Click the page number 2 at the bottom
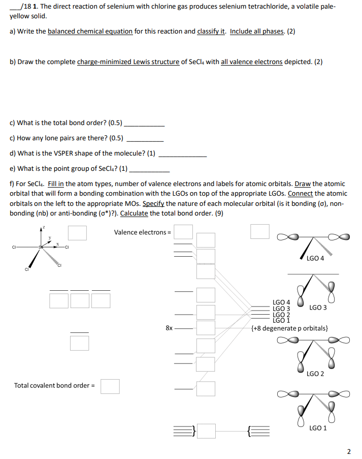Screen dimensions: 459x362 pyautogui.click(x=349, y=451)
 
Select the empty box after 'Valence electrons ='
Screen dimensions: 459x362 pyautogui.click(x=184, y=232)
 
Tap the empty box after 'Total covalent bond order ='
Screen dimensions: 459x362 pyautogui.click(x=110, y=386)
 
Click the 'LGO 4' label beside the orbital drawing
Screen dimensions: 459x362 pyautogui.click(x=315, y=258)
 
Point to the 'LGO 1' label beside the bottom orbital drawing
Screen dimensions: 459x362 pyautogui.click(x=318, y=428)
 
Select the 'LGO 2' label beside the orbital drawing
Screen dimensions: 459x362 pyautogui.click(x=315, y=374)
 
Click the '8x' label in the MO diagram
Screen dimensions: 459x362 pyautogui.click(x=170, y=328)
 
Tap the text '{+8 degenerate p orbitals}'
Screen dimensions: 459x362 pyautogui.click(x=290, y=328)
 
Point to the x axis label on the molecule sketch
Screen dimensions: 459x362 pyautogui.click(x=58, y=243)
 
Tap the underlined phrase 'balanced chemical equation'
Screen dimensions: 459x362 pyautogui.click(x=90, y=32)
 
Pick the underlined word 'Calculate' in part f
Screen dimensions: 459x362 pyautogui.click(x=134, y=213)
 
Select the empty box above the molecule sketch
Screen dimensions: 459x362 pyautogui.click(x=77, y=233)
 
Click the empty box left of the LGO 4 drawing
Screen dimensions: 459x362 pyautogui.click(x=259, y=231)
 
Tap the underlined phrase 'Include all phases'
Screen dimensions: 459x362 pyautogui.click(x=257, y=32)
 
